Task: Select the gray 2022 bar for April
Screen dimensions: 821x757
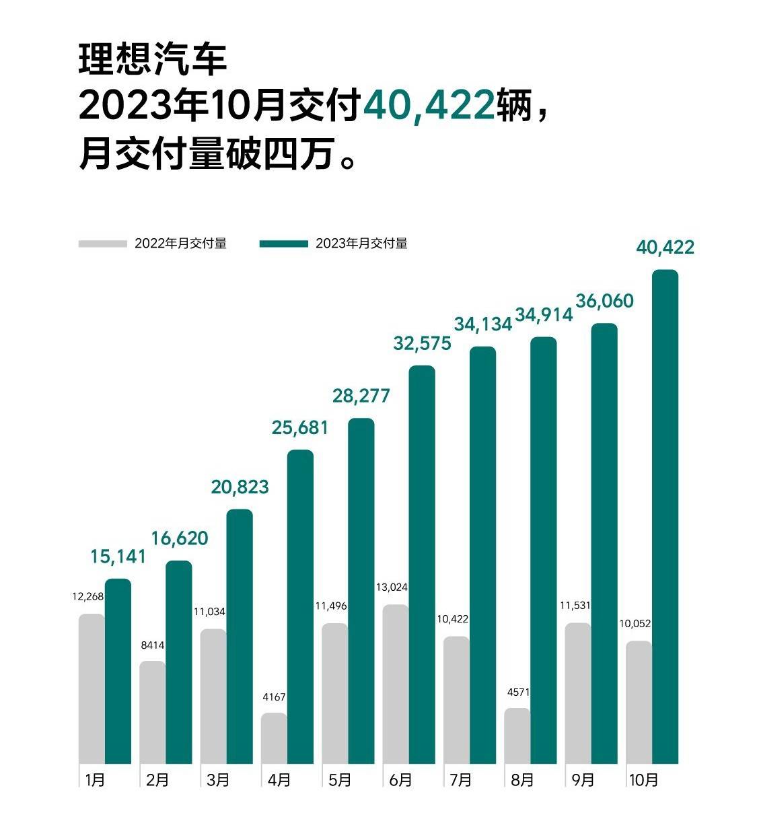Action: point(274,738)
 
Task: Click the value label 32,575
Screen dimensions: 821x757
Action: point(422,343)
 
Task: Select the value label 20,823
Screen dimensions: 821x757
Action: point(240,487)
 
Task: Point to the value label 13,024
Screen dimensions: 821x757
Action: point(392,587)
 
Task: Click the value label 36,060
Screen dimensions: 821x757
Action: point(604,301)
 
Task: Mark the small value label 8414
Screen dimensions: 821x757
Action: point(152,645)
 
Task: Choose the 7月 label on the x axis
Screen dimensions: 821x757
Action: point(461,780)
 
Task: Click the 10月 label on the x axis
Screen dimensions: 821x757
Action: point(643,780)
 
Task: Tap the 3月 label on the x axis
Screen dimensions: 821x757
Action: point(218,780)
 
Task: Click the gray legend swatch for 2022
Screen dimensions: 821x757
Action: point(102,244)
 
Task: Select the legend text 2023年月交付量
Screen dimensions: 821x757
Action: point(361,244)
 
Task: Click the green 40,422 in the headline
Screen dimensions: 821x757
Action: point(429,106)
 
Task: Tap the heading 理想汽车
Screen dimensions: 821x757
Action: point(153,59)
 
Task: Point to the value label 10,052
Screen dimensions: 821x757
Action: point(635,624)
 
